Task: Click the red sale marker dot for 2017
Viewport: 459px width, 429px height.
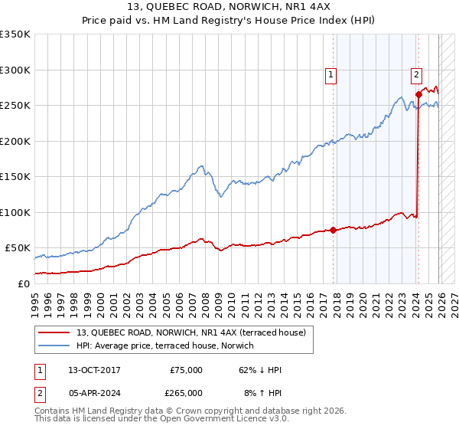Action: click(334, 230)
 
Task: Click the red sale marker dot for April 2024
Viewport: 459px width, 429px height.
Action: click(418, 94)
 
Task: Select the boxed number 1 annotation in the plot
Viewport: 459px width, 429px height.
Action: click(330, 74)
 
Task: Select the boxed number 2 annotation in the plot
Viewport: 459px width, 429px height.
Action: click(416, 74)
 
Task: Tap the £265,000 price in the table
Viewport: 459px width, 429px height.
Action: click(186, 392)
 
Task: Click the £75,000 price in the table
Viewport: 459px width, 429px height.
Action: click(186, 370)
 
